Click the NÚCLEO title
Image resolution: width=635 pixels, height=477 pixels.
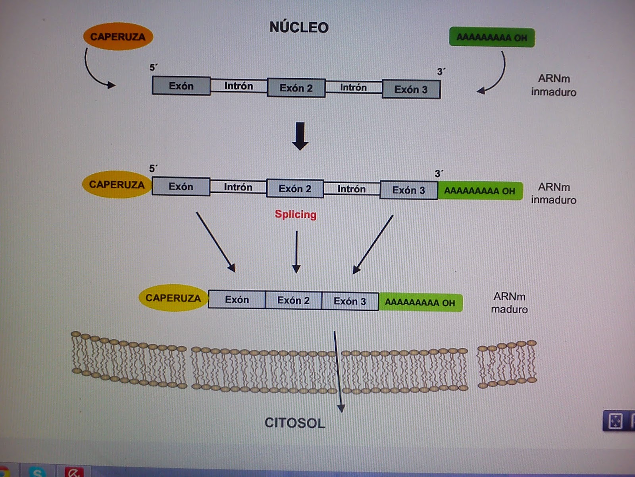point(299,27)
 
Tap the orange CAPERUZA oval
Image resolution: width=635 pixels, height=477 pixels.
point(118,37)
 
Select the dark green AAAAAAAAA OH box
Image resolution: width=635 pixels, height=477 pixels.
point(492,37)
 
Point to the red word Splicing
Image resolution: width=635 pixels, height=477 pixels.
point(296,214)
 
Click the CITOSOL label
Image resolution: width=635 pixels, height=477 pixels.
point(294,423)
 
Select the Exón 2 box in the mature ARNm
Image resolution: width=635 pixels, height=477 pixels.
point(293,300)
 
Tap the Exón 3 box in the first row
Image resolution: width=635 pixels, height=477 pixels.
point(411,89)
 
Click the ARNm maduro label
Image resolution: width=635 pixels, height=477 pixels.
point(509,303)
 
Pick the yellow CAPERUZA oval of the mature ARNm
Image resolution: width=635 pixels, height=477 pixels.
point(173,298)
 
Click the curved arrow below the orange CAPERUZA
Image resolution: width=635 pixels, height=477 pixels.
point(94,72)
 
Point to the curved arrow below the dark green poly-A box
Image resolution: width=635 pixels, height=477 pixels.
point(496,76)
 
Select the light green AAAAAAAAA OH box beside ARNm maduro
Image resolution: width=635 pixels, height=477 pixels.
point(420,302)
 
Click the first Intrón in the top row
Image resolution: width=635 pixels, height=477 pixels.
point(239,86)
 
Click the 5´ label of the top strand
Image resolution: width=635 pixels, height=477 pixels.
point(153,68)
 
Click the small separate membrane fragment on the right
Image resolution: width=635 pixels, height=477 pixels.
point(507,364)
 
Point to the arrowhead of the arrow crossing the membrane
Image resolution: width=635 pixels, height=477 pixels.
point(341,408)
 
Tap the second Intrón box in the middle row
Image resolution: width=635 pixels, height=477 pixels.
point(352,189)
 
